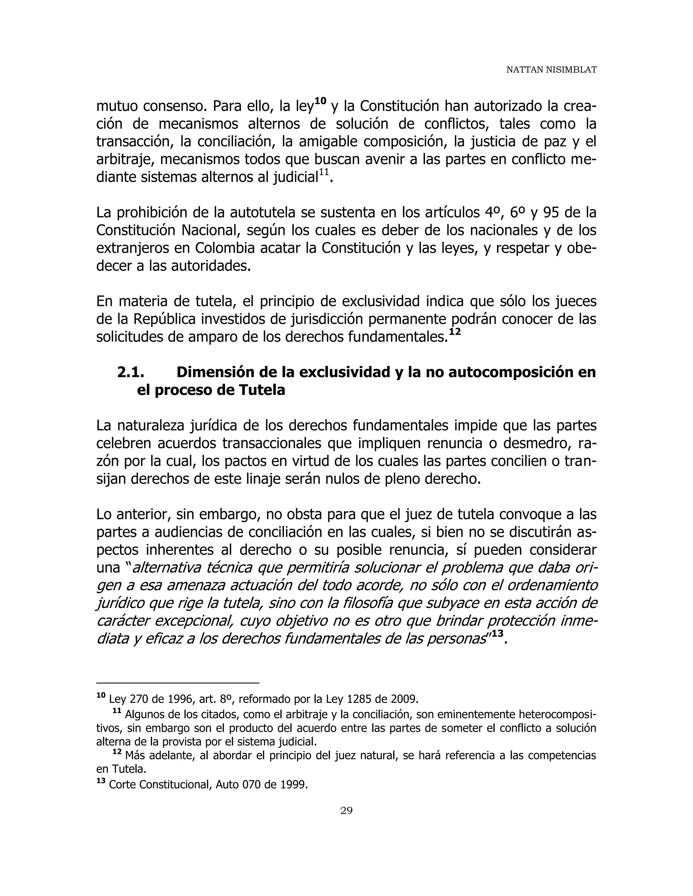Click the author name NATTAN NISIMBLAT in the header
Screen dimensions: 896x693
[x=551, y=70]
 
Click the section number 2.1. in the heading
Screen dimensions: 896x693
[x=131, y=372]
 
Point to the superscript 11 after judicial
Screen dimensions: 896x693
[x=324, y=172]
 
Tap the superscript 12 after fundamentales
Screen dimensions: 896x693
[x=454, y=331]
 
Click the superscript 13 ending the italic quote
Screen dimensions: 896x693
[x=497, y=633]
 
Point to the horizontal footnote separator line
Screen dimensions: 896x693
[x=177, y=683]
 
